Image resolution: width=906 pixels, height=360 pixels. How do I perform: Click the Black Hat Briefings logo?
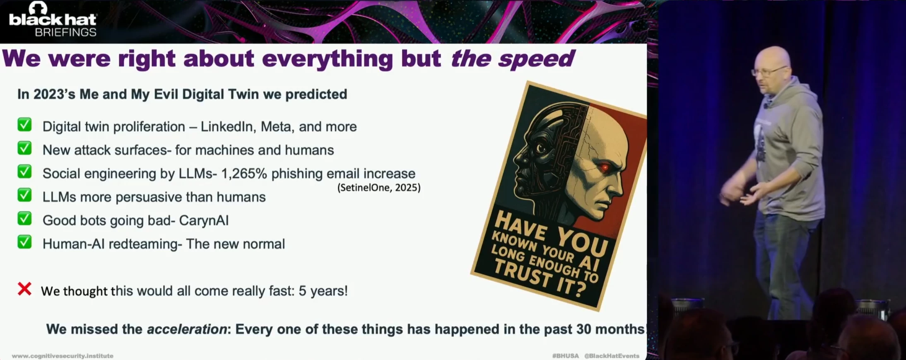tap(53, 19)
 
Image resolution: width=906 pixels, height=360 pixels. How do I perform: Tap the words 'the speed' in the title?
tap(513, 58)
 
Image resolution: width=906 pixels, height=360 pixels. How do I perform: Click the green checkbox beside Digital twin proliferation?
tap(24, 125)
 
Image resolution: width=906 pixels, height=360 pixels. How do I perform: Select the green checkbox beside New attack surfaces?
tap(24, 148)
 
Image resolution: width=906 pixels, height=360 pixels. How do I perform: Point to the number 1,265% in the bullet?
tap(244, 174)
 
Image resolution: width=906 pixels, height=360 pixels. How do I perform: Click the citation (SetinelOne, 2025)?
tap(379, 188)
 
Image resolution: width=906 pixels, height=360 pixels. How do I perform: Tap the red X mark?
tap(24, 289)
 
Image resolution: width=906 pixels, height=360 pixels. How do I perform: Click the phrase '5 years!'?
tap(323, 291)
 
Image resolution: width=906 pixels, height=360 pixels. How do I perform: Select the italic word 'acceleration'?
tap(187, 329)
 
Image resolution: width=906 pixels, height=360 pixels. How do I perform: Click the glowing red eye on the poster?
tap(604, 167)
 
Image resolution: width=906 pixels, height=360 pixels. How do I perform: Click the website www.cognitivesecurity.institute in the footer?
tap(63, 356)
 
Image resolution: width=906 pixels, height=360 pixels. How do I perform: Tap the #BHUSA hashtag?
tap(565, 356)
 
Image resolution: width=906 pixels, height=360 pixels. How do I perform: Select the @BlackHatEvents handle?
tap(612, 356)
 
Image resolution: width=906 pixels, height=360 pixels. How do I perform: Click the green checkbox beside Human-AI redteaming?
tap(24, 242)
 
